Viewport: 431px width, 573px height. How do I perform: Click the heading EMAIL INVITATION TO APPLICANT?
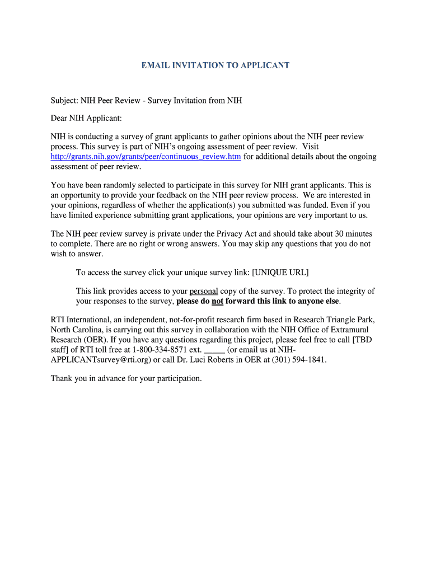[x=215, y=65]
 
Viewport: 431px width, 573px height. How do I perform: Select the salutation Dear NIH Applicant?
[x=86, y=119]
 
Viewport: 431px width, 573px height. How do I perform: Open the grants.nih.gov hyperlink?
[x=146, y=157]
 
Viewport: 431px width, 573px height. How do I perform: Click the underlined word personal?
[x=204, y=291]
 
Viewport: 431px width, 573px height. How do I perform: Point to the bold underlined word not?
[x=217, y=301]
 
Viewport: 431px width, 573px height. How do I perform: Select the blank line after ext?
[x=214, y=350]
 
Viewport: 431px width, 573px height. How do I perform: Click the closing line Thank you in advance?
[x=126, y=378]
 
